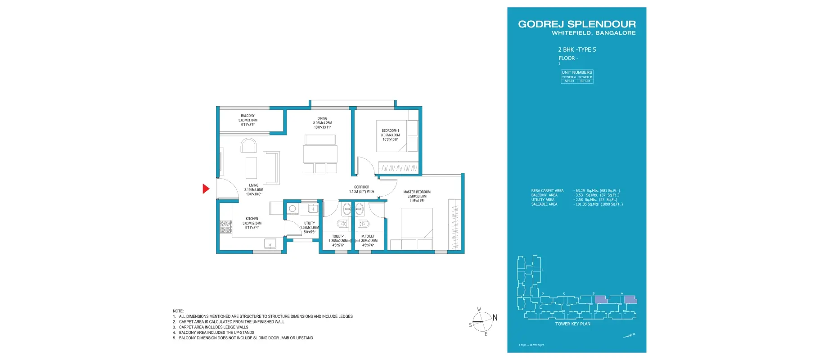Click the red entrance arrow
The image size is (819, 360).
coord(206,189)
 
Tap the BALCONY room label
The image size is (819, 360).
coord(247,116)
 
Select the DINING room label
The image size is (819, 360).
coord(322,119)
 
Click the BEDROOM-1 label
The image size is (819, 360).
coord(390,131)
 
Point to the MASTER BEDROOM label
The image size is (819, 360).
coord(417,192)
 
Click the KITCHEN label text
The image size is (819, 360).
coord(252,219)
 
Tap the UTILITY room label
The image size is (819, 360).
coord(310,223)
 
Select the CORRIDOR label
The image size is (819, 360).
coord(361,187)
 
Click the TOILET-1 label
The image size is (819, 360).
coord(338,236)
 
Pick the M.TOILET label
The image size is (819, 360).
coord(368,236)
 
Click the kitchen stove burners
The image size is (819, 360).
coord(225,227)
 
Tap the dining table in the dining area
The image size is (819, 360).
coord(320,154)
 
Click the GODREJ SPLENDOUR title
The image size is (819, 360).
coord(577,24)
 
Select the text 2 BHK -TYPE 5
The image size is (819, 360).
coord(577,50)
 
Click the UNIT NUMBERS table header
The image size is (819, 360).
coord(577,72)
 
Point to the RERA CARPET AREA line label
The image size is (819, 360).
coord(547,191)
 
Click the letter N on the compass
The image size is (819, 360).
coord(495,318)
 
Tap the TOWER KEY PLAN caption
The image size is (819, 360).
coord(572,324)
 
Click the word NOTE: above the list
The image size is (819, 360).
coord(178,311)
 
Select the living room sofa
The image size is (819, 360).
coord(271,167)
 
